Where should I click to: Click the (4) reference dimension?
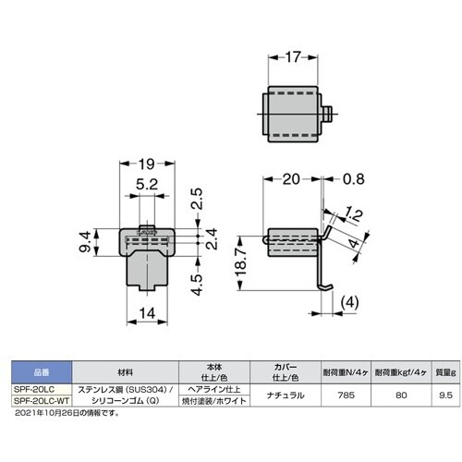click(349, 302)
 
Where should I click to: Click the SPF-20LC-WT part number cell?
click(37, 402)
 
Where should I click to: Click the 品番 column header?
click(36, 372)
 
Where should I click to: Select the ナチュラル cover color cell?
click(274, 395)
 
